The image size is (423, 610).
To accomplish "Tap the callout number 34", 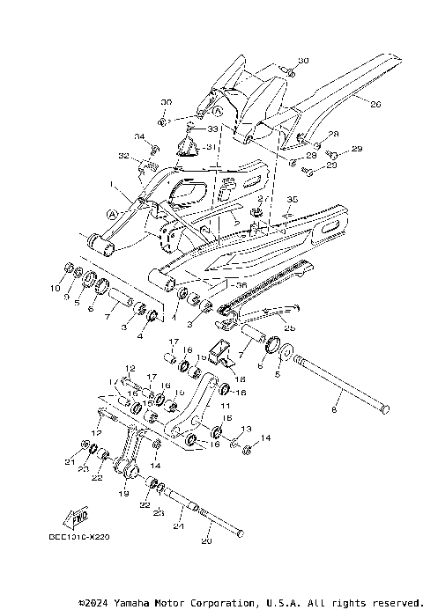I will [x=139, y=136].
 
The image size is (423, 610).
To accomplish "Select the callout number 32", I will [x=122, y=156].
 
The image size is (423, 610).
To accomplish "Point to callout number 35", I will [x=293, y=201].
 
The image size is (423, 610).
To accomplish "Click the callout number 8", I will [x=334, y=409].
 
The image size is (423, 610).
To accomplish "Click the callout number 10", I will [x=55, y=288].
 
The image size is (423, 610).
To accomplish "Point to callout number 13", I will [x=246, y=429].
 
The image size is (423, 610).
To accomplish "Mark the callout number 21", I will [x=70, y=462].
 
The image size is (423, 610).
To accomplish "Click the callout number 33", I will [x=211, y=129].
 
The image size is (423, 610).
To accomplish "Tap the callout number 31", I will [x=208, y=148].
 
